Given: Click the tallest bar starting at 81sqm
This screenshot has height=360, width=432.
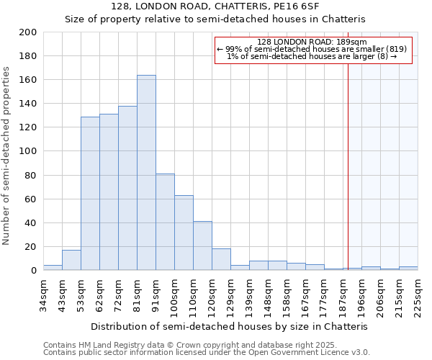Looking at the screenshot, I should pyautogui.click(x=146, y=173).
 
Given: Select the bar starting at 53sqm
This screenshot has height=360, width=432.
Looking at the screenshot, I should pyautogui.click(x=90, y=194).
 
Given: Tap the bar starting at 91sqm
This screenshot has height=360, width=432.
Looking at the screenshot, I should pyautogui.click(x=165, y=222).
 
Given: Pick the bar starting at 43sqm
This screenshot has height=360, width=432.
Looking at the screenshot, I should pyautogui.click(x=71, y=260).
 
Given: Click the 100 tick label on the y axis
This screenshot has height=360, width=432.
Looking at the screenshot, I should pyautogui.click(x=29, y=151).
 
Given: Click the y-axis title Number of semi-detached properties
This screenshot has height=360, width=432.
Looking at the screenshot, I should pyautogui.click(x=7, y=156).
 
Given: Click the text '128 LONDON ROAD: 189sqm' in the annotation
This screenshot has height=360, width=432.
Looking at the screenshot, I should pyautogui.click(x=312, y=42).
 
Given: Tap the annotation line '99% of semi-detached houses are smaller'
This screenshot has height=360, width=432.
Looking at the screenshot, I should pyautogui.click(x=312, y=49).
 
